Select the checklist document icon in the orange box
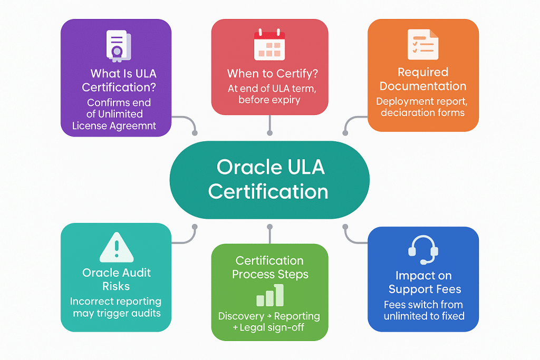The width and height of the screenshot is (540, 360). pos(422,44)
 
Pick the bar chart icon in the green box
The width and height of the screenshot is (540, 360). pos(270,296)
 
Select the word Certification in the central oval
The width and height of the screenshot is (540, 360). pos(268,191)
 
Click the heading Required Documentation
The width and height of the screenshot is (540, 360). pos(423,79)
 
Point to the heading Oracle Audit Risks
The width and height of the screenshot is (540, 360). pos(117,279)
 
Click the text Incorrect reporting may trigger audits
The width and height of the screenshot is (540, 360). pos(116,307)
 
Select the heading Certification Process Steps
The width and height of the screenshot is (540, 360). pos(270,267)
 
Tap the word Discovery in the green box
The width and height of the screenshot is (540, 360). pos(241,316)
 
